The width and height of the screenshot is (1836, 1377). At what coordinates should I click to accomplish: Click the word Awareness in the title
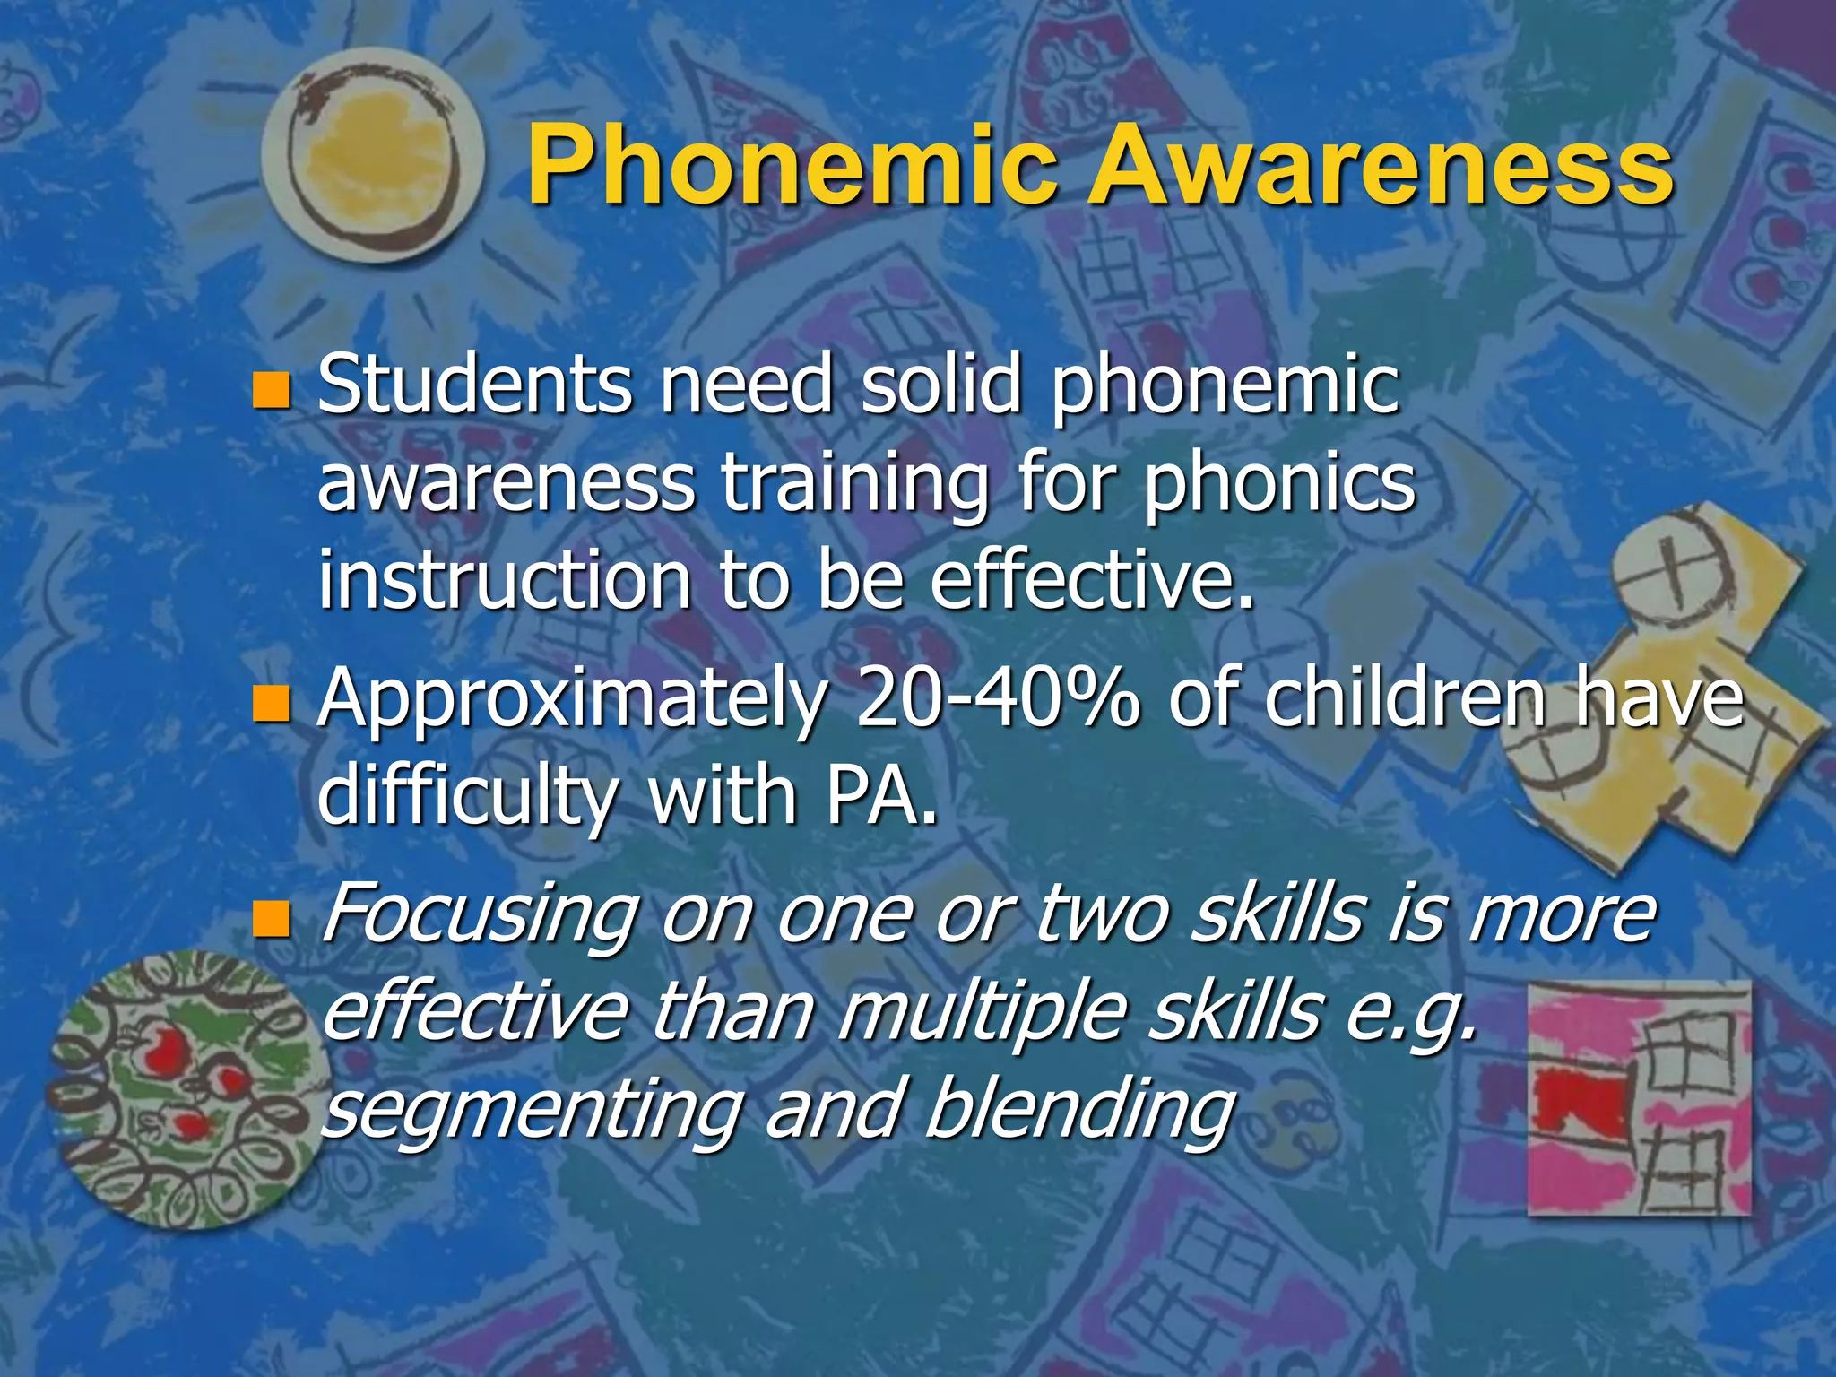coord(1381,168)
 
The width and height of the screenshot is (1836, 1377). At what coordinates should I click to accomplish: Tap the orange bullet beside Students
coord(271,390)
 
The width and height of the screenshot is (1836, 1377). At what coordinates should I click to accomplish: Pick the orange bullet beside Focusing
coord(271,919)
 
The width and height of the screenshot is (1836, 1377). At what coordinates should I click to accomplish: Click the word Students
coord(475,385)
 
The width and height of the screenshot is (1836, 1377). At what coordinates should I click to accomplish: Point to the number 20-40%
coord(998,699)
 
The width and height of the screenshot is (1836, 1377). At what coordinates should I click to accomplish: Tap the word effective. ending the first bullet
coord(1091,581)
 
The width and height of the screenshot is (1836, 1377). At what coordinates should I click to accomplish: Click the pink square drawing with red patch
coord(1639,1098)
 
